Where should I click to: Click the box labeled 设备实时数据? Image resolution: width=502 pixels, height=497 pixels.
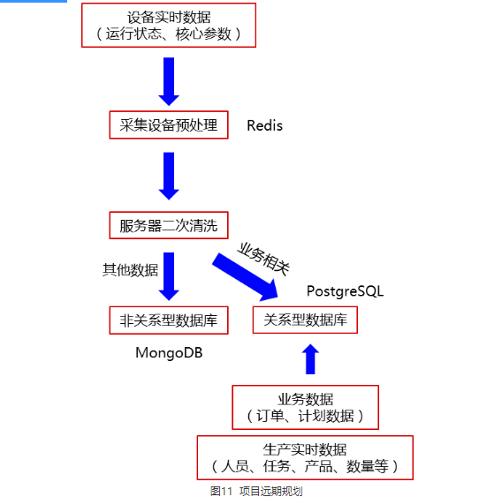(169, 25)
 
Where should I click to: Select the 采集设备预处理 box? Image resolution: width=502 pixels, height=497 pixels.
(169, 125)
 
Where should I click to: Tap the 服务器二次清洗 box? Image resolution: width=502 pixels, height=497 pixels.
(169, 225)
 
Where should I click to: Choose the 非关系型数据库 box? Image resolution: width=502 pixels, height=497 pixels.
(169, 320)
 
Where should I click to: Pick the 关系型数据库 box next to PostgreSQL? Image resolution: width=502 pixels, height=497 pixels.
(305, 320)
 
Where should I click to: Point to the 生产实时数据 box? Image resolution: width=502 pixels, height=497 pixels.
(305, 456)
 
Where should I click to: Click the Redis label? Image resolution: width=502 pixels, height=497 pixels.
(265, 125)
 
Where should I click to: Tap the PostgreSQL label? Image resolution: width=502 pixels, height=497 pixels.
(345, 291)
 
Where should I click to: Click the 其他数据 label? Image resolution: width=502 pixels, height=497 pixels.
(131, 270)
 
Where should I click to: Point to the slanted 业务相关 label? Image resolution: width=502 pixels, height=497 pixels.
(264, 257)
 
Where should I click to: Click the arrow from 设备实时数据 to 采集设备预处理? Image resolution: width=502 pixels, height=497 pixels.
(169, 80)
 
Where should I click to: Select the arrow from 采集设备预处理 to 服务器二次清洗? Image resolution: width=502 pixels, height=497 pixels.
(169, 175)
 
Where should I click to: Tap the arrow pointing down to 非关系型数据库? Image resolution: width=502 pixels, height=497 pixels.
(169, 276)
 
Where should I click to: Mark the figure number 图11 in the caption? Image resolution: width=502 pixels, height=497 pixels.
(221, 491)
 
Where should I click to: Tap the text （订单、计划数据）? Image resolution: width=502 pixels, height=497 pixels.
(305, 416)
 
